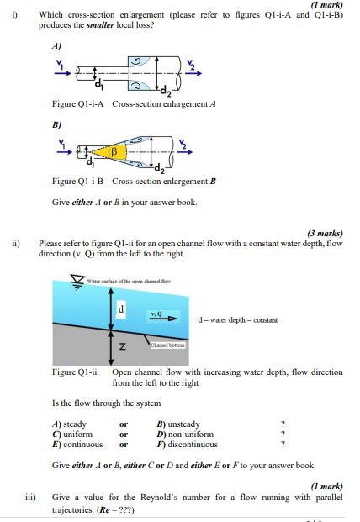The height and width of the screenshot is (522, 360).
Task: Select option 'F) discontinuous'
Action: [187, 444]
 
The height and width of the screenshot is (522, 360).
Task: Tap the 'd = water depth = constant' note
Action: [237, 320]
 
